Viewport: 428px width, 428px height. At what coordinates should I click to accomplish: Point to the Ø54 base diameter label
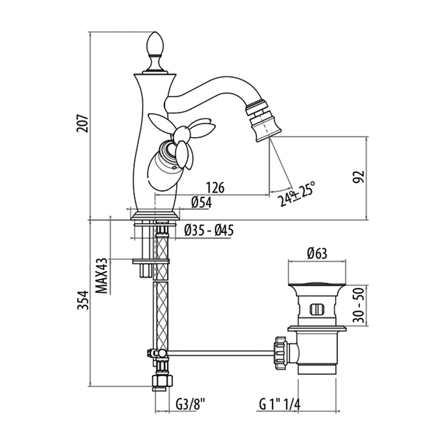pyautogui.click(x=201, y=202)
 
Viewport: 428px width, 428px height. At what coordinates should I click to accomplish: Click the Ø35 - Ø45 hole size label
pyautogui.click(x=208, y=230)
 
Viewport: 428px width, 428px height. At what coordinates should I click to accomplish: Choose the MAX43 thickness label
pyautogui.click(x=103, y=276)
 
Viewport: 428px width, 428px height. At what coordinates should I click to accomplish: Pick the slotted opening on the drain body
pyautogui.click(x=317, y=309)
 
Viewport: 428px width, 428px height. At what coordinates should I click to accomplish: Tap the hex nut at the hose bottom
pyautogui.click(x=160, y=384)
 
